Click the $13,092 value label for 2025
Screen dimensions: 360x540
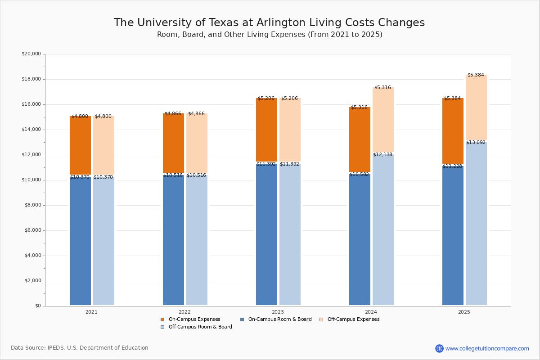click(476, 143)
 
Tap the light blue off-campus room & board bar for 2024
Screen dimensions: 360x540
click(383, 229)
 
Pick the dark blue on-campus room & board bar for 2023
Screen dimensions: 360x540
click(266, 234)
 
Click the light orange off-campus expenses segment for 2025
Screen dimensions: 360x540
click(476, 108)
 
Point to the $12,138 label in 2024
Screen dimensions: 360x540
click(382, 155)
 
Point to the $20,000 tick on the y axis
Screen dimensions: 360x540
click(31, 54)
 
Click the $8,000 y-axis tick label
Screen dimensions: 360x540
click(32, 205)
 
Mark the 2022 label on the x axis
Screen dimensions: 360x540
click(184, 312)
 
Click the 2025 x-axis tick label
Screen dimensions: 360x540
click(464, 312)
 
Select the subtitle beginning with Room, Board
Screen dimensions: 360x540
click(270, 35)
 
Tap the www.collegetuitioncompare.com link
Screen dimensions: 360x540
click(487, 348)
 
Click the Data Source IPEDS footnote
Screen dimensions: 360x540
click(80, 348)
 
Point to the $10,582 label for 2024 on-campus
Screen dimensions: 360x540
click(359, 175)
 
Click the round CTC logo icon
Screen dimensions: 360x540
click(439, 348)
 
